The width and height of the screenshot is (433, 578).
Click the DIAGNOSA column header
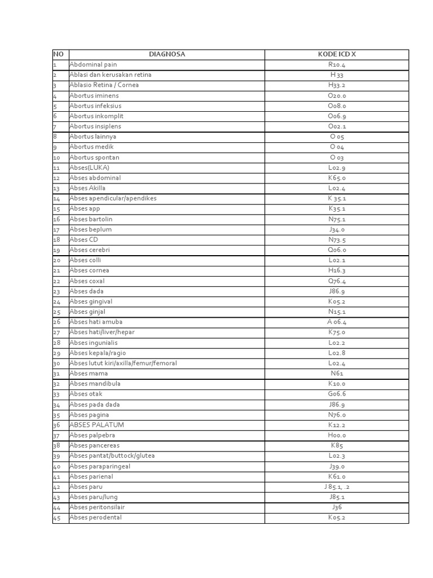pyautogui.click(x=166, y=54)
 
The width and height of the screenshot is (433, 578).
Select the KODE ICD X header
pyautogui.click(x=337, y=54)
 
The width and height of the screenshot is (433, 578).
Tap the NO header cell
pyautogui.click(x=58, y=54)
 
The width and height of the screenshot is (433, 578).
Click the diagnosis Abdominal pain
pyautogui.click(x=93, y=64)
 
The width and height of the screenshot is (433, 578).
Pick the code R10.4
pyautogui.click(x=337, y=64)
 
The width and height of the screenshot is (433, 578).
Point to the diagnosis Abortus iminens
pyautogui.click(x=95, y=95)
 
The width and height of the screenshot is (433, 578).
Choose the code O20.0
pyautogui.click(x=337, y=95)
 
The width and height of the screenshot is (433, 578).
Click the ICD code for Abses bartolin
pyautogui.click(x=337, y=219)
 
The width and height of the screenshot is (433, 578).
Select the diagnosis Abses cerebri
pyautogui.click(x=89, y=249)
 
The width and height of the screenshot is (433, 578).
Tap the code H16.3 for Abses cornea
pyautogui.click(x=337, y=270)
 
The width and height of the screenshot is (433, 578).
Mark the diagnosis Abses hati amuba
pyautogui.click(x=96, y=322)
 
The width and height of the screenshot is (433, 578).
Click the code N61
pyautogui.click(x=337, y=373)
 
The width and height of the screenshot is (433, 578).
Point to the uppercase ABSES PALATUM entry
pyautogui.click(x=96, y=424)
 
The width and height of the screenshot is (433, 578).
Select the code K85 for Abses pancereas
pyautogui.click(x=337, y=445)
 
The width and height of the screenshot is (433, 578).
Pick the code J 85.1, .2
pyautogui.click(x=337, y=487)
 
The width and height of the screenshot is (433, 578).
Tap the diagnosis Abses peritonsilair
pyautogui.click(x=97, y=507)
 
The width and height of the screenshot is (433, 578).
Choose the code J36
pyautogui.click(x=337, y=507)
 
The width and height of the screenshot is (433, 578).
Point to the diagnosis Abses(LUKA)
pyautogui.click(x=89, y=168)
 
